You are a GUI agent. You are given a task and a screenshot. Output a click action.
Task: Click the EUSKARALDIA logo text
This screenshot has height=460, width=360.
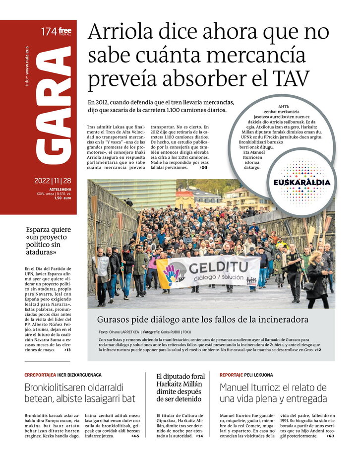301,182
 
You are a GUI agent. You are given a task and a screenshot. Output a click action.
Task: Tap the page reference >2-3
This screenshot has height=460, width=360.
203,168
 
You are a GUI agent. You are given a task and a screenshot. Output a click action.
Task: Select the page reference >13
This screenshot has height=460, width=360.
67,350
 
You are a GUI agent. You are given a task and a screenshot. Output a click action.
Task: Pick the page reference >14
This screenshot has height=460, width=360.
199,436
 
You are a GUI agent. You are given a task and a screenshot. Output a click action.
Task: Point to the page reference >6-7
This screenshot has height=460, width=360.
330,436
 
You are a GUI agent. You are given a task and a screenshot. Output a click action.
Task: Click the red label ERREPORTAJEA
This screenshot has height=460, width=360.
40,375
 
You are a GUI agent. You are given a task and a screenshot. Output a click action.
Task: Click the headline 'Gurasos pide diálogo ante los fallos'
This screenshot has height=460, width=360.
202,319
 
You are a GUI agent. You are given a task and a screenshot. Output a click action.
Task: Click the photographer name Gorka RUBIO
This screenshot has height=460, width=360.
178,331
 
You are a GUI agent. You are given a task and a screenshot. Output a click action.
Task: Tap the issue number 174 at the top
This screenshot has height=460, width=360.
48,32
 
